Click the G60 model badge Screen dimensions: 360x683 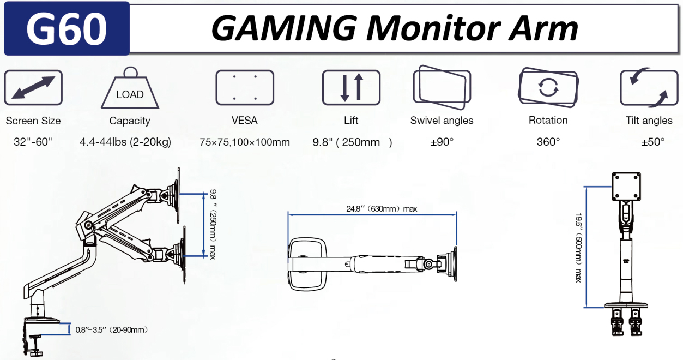click(67, 29)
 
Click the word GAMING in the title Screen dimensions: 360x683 click(283, 28)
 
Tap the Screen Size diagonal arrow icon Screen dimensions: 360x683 click(33, 87)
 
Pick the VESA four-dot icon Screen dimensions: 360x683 click(245, 87)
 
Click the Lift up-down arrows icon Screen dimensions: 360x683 click(351, 87)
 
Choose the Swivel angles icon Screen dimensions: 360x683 click(441, 86)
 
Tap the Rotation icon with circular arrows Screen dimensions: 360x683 click(548, 87)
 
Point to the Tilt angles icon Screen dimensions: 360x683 click(649, 87)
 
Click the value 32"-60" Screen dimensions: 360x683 click(33, 142)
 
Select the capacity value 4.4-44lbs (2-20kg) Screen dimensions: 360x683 click(125, 142)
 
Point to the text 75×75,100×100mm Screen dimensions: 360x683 click(245, 142)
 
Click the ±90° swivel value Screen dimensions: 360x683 click(442, 142)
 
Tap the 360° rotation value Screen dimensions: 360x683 click(548, 142)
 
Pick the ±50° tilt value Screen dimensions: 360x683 click(653, 142)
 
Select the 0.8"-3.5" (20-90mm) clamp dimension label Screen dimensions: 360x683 click(112, 329)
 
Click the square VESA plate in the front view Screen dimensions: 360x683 click(626, 187)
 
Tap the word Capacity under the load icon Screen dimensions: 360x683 click(130, 121)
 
